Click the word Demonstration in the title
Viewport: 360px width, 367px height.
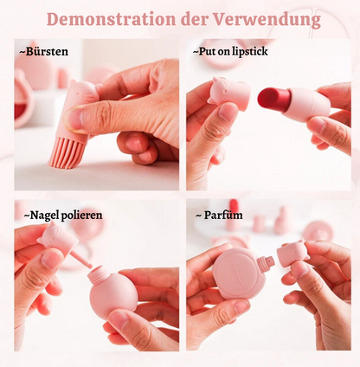tap(111, 19)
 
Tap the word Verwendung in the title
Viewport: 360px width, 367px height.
tap(267, 20)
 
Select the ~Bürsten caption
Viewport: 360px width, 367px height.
tap(43, 52)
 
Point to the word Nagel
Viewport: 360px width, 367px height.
tap(43, 216)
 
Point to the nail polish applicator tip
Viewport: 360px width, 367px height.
tap(89, 266)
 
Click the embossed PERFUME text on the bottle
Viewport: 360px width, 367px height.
tap(236, 273)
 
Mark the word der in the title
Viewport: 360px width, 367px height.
tap(195, 20)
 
